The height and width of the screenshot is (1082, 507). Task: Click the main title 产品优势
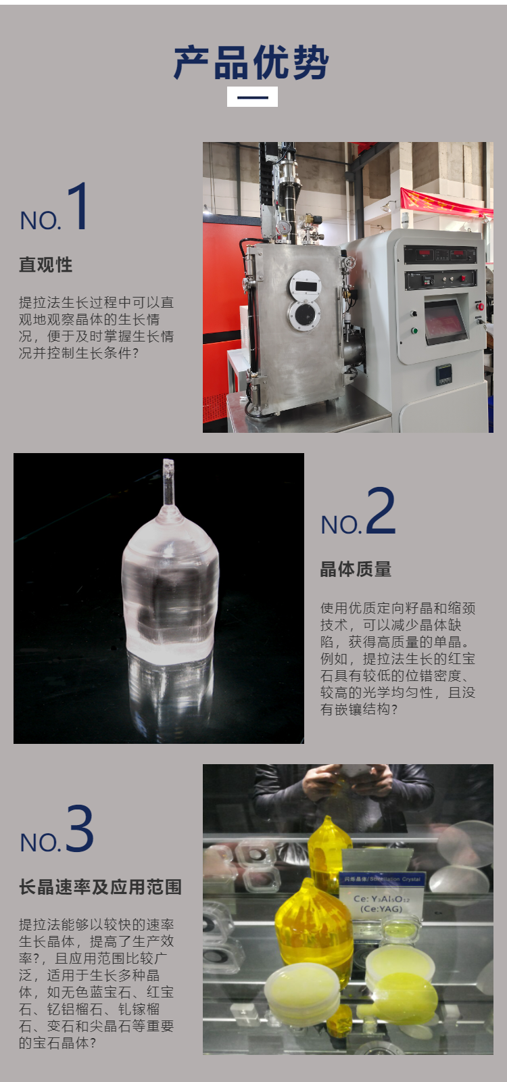[x=251, y=63]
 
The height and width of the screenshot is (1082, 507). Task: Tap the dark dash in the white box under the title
[x=253, y=97]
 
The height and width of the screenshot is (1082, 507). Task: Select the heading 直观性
[x=46, y=264]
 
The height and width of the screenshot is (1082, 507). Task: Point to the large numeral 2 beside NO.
[x=381, y=510]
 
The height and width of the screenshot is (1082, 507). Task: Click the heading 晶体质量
[x=356, y=569]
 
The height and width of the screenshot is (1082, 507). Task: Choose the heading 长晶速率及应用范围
[x=100, y=887]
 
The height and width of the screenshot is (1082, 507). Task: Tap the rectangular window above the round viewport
[x=306, y=286]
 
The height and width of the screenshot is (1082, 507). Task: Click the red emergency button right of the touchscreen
[x=480, y=306]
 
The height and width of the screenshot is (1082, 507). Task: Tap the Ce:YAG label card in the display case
[x=381, y=897]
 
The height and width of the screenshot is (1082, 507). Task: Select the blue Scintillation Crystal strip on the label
[x=381, y=878]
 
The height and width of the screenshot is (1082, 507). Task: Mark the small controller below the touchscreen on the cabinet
[x=444, y=375]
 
